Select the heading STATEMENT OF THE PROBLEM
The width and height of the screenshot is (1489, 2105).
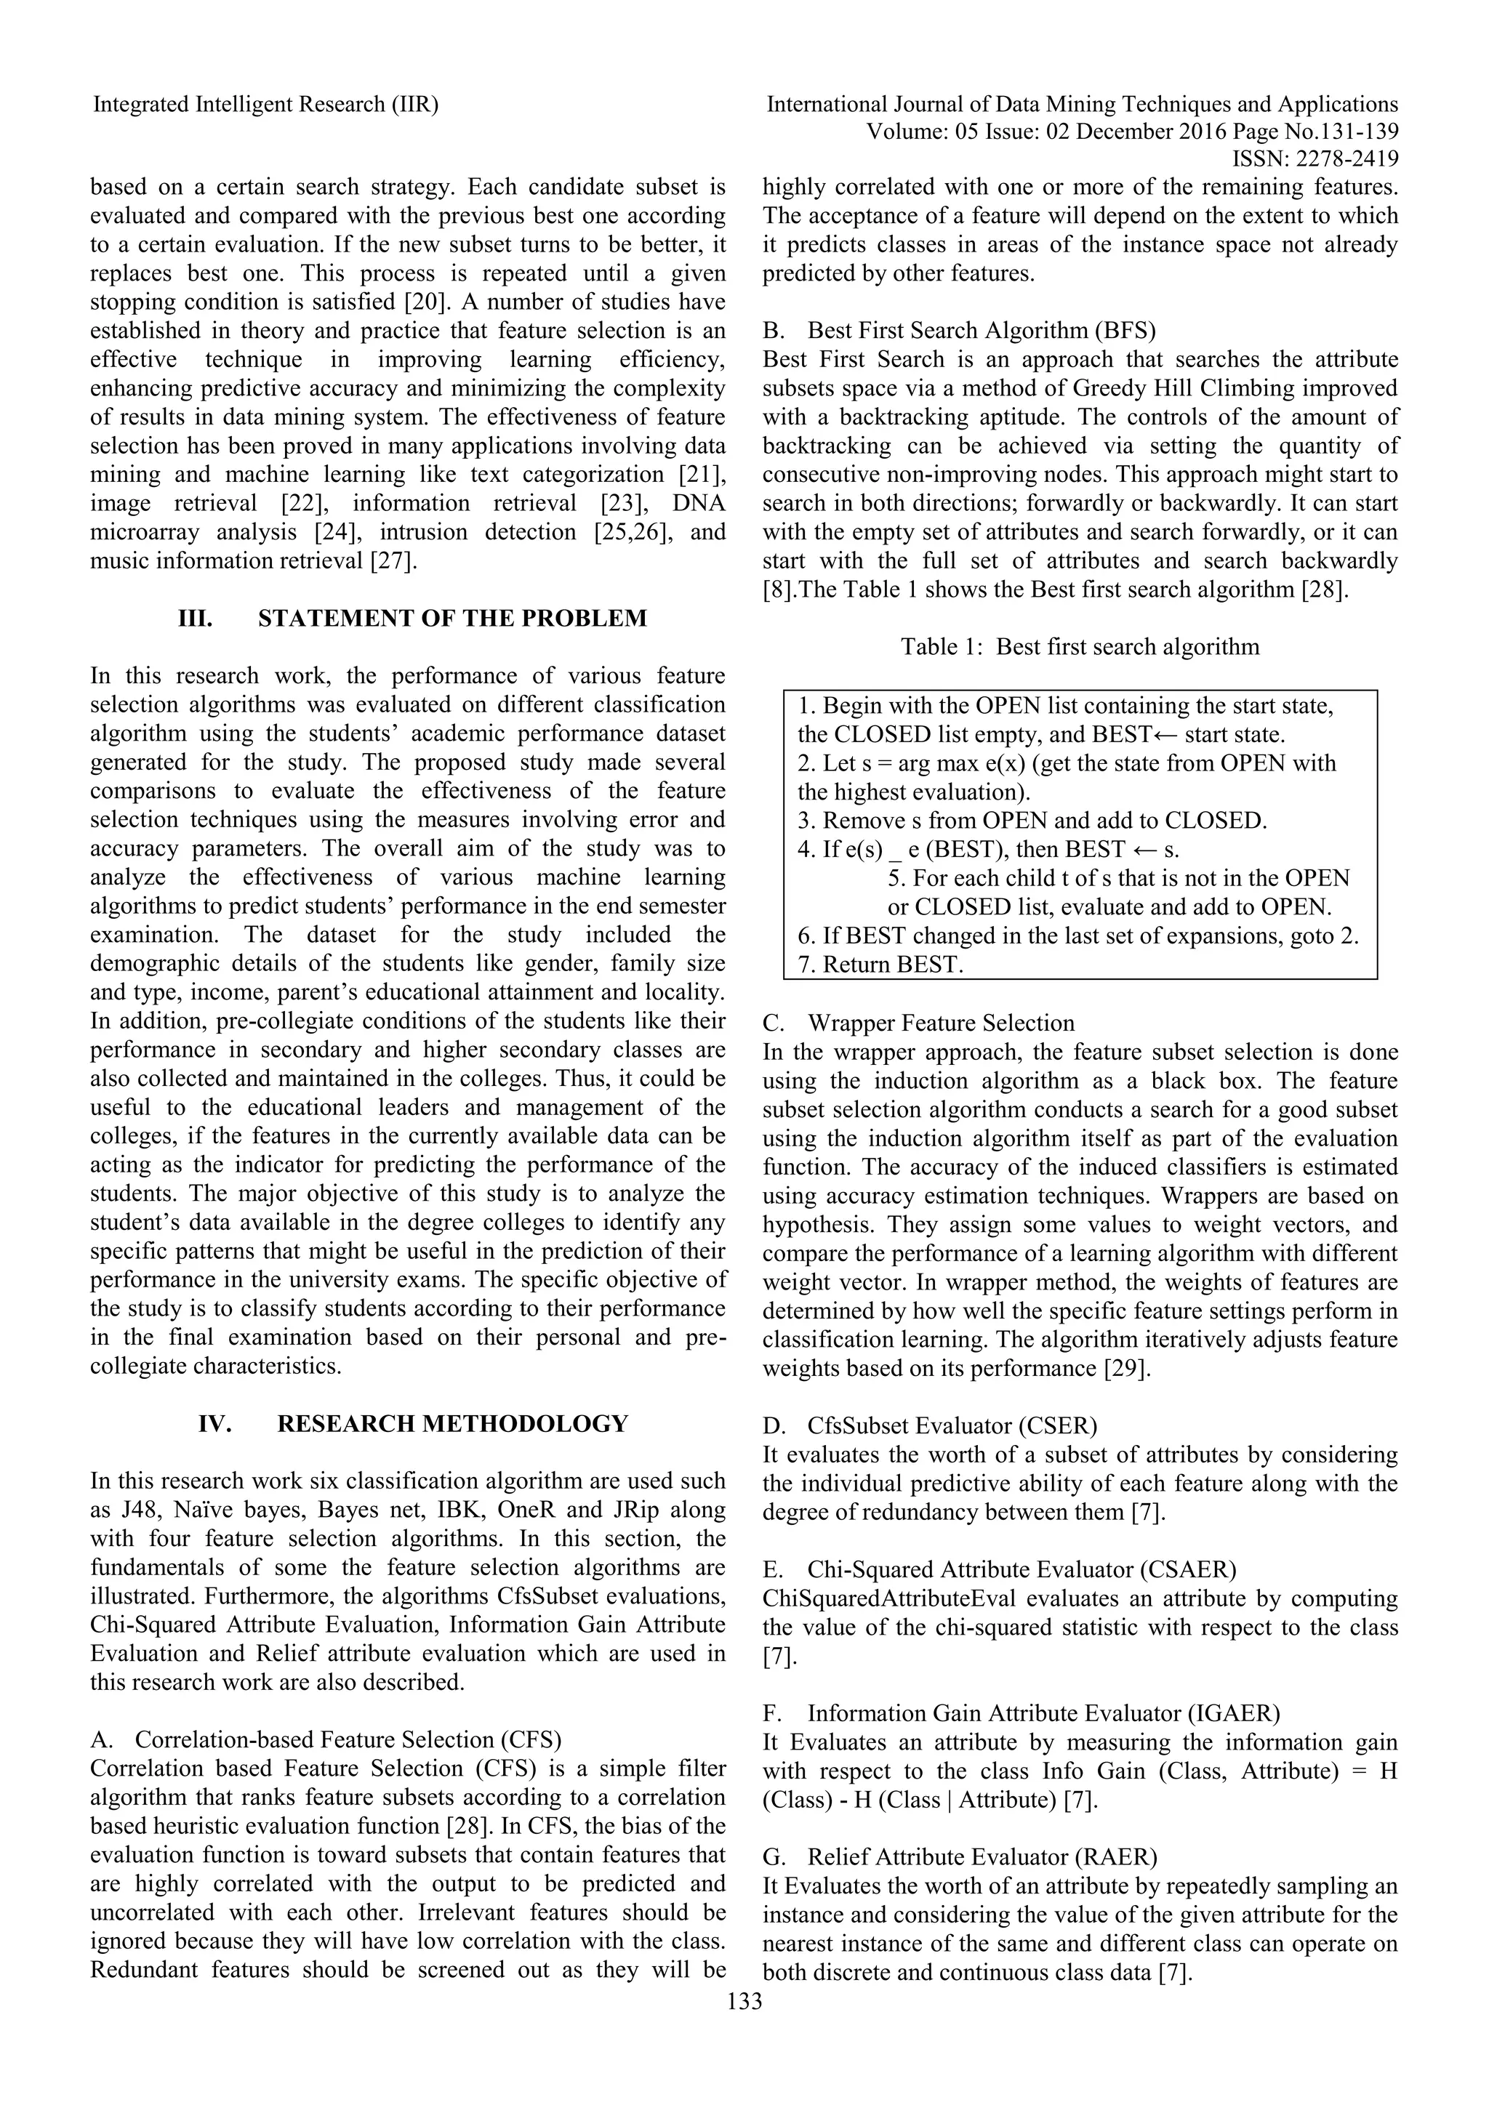coord(452,618)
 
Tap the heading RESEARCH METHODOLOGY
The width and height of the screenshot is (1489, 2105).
coord(452,1424)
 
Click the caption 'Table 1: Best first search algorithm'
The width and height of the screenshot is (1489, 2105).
coord(1079,646)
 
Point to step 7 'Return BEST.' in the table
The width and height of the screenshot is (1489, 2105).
coord(880,965)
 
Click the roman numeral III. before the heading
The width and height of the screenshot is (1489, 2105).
coord(194,618)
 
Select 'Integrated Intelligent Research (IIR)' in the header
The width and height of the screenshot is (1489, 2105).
coord(266,105)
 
